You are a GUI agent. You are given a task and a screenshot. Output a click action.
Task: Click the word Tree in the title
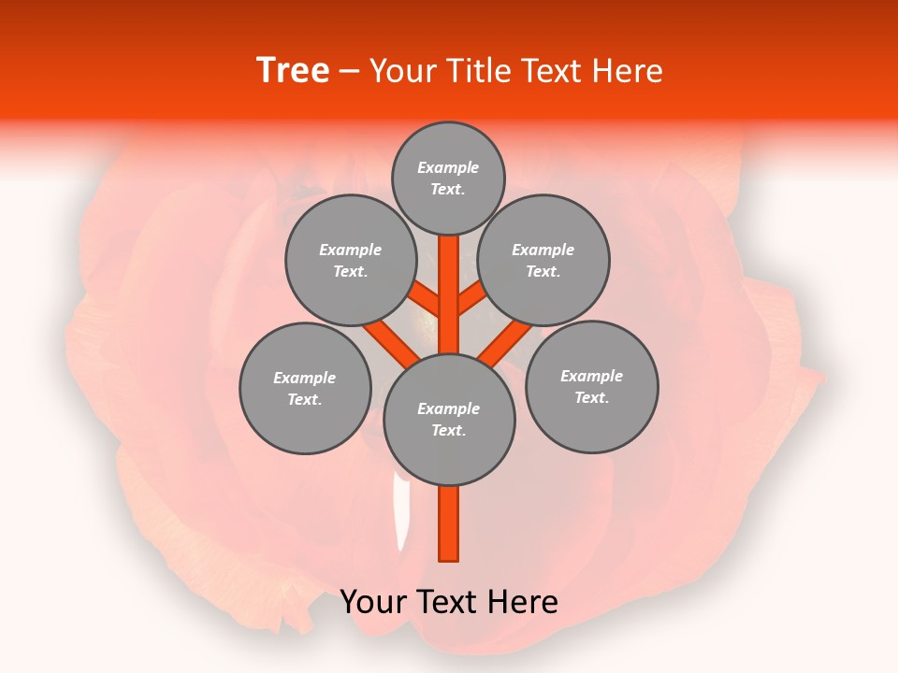pyautogui.click(x=293, y=70)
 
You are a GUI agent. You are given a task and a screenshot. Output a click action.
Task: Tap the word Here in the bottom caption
pyautogui.click(x=522, y=602)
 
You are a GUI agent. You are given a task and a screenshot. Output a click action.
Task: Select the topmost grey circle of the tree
pyautogui.click(x=448, y=179)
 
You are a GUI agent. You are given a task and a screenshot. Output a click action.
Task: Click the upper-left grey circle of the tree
pyautogui.click(x=350, y=260)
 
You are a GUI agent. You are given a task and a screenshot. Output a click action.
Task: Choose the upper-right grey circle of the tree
pyautogui.click(x=543, y=260)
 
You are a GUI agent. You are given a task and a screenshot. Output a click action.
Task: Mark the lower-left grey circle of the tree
pyautogui.click(x=304, y=388)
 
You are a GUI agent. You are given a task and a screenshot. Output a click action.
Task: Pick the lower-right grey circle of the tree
pyautogui.click(x=591, y=386)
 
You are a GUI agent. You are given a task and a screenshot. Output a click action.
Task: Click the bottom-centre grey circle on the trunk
pyautogui.click(x=448, y=419)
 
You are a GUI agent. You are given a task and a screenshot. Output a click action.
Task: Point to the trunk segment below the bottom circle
pyautogui.click(x=448, y=523)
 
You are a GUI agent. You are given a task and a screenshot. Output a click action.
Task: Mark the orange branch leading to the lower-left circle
pyautogui.click(x=391, y=343)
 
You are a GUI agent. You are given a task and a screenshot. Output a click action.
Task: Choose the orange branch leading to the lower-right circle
pyautogui.click(x=505, y=343)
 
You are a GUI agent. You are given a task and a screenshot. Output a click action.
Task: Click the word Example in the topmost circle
pyautogui.click(x=448, y=167)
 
